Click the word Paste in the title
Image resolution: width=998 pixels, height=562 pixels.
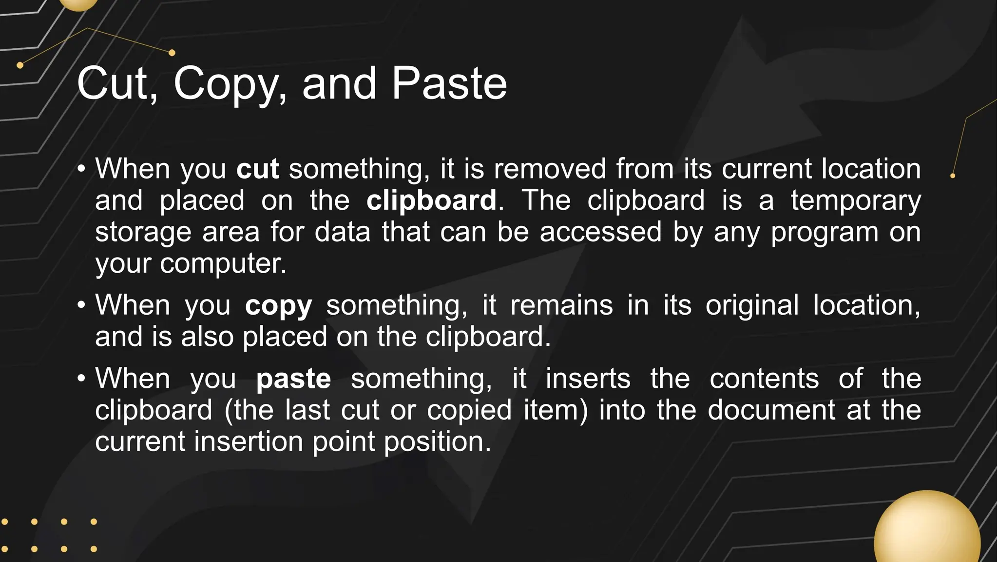(449, 84)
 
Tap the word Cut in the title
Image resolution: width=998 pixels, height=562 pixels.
(117, 84)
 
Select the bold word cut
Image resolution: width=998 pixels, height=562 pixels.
(257, 169)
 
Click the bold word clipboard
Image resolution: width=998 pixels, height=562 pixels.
(431, 200)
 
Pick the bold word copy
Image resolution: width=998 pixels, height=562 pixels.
(278, 306)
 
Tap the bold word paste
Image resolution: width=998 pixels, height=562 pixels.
(293, 380)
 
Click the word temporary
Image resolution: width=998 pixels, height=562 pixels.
(856, 201)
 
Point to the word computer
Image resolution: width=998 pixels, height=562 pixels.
(223, 264)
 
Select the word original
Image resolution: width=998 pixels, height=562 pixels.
(752, 306)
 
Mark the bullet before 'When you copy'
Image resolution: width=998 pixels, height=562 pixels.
(81, 305)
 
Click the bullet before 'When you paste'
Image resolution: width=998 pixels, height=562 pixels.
(81, 379)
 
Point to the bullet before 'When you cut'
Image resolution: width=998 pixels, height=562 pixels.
(81, 169)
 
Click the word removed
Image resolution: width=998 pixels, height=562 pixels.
(550, 169)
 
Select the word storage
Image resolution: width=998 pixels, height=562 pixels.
(143, 233)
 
